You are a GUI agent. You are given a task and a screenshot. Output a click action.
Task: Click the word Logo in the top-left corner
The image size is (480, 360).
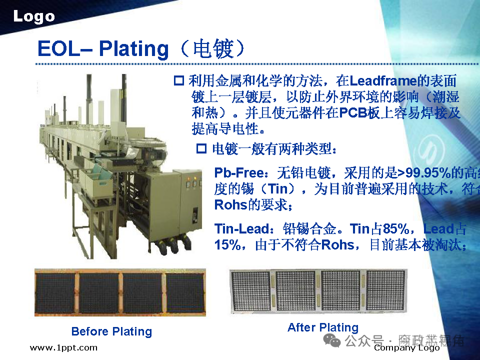coord(33,16)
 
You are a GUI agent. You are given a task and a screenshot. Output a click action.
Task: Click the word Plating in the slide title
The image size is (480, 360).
coord(134,48)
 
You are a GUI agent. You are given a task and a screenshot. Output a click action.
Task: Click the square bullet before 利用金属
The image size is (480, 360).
coord(178,80)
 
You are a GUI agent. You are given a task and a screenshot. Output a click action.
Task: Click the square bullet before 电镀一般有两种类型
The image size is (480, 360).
coord(201,148)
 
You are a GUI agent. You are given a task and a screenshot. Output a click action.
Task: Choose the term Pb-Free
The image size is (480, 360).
coord(238,173)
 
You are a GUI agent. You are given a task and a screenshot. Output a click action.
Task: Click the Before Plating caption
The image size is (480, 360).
coord(111,331)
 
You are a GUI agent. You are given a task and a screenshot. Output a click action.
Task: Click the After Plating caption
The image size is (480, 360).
coord(323,327)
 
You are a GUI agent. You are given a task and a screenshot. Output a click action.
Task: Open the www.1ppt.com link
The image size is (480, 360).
coord(63,347)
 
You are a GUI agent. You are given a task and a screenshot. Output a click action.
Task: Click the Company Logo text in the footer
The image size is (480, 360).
coord(406,347)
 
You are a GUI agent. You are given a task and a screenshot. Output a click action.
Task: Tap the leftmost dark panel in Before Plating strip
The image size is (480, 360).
coord(55,293)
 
